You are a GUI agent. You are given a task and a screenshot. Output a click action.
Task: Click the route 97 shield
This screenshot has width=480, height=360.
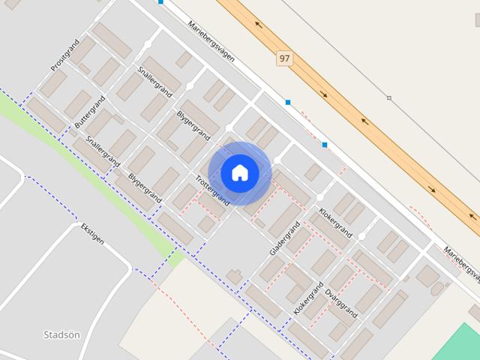point(283,58)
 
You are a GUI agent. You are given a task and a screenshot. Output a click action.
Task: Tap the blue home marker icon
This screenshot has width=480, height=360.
point(240,172)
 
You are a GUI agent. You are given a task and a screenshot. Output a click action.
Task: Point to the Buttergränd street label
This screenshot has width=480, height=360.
point(87,111)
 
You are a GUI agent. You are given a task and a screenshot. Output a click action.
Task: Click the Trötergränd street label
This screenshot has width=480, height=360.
point(211,190)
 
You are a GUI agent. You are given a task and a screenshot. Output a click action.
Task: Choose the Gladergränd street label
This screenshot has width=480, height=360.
point(285,238)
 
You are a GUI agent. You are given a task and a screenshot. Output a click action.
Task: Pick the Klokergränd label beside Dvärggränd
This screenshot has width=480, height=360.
point(308,297)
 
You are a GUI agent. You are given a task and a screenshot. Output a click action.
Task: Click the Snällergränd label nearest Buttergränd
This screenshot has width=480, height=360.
point(103,152)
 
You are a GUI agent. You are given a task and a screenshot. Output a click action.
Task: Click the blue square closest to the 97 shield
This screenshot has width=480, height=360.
point(288,102)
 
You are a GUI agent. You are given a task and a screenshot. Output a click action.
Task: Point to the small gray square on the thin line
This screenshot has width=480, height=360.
point(389,98)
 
